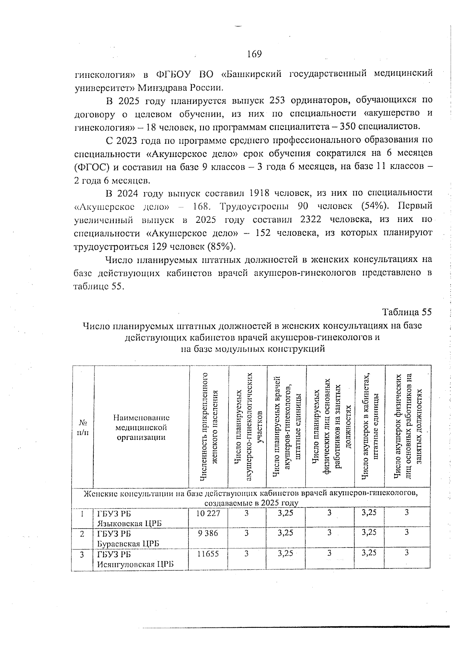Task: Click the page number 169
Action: [x=254, y=54]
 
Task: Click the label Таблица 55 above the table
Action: [x=407, y=312]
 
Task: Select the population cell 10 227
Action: [x=208, y=513]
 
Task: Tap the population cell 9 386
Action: [x=208, y=533]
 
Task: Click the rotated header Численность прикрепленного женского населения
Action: [x=209, y=426]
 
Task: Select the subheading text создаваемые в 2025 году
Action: [x=251, y=503]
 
